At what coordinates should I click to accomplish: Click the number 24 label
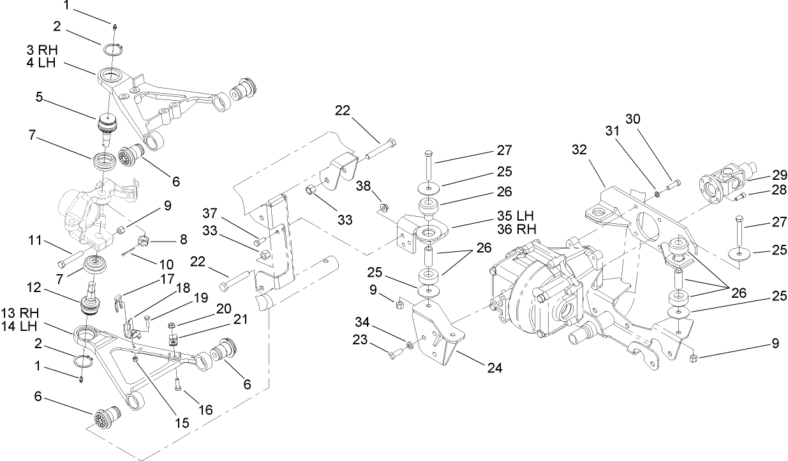pyautogui.click(x=494, y=368)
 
